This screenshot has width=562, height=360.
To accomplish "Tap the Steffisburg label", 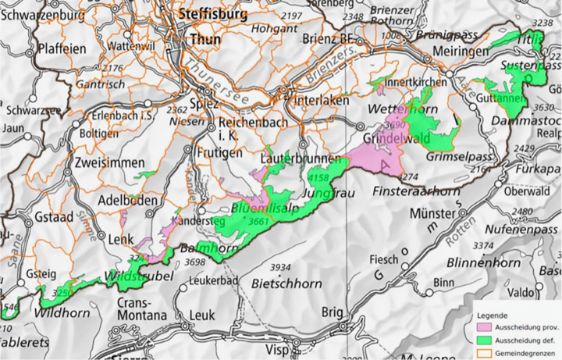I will (x=211, y=14).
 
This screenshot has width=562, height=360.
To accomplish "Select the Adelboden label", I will (x=129, y=201).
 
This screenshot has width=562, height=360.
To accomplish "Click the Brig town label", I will (x=334, y=311).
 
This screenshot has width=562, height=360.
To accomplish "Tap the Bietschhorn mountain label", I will (x=286, y=282).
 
